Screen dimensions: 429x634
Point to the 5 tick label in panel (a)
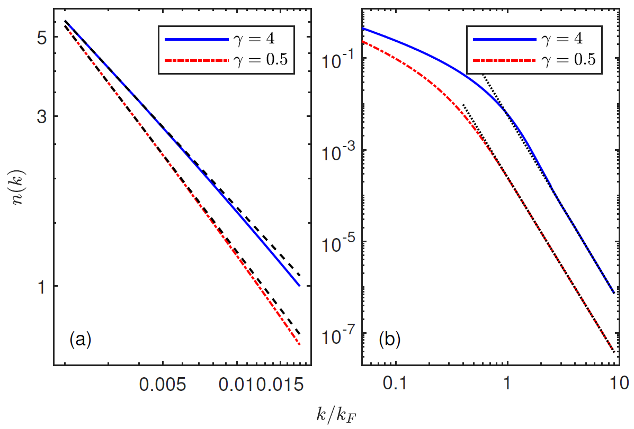43,38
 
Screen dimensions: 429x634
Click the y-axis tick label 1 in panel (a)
43,286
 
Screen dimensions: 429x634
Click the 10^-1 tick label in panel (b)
337,58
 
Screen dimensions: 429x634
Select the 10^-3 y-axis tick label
337,150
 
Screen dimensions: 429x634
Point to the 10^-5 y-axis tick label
337,242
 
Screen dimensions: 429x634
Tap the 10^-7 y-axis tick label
337,334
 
